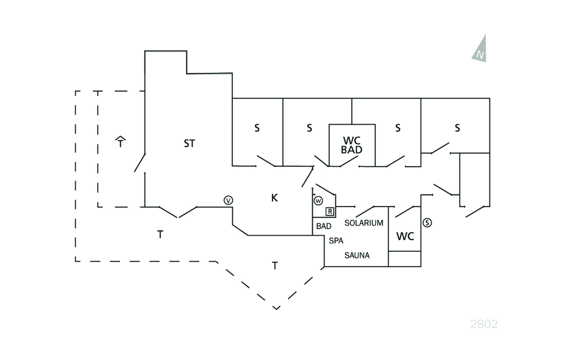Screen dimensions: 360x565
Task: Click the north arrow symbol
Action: point(480,50)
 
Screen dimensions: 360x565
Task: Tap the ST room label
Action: point(189,144)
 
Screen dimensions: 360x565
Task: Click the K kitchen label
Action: point(274,198)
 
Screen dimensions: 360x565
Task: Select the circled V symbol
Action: point(228,200)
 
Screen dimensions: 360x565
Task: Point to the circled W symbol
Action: point(318,200)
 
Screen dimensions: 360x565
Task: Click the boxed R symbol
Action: point(330,211)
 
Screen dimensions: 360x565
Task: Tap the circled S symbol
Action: point(427,223)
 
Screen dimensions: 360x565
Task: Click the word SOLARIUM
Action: point(364,223)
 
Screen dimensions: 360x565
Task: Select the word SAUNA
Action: point(357,255)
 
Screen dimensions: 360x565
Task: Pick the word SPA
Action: point(336,241)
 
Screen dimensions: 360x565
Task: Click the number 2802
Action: point(484,324)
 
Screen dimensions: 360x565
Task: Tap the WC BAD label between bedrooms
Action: point(352,145)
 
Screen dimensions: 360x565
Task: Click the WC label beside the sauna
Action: point(405,236)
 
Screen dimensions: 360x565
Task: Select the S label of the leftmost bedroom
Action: point(257,128)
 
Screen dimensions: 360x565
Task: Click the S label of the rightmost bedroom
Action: point(457,128)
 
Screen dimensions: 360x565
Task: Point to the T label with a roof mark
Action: point(121,143)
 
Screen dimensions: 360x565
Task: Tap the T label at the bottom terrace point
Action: point(274,266)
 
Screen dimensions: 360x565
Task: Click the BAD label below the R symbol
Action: point(324,226)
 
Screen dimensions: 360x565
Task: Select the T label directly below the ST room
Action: point(160,235)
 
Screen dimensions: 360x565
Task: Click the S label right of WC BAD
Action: point(397,128)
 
